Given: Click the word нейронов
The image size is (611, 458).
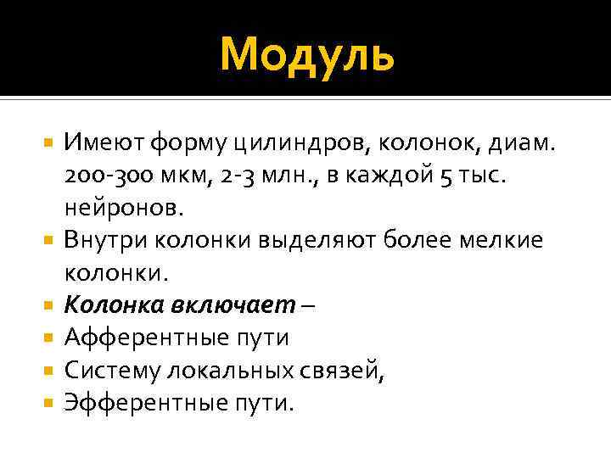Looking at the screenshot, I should pos(116,207).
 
